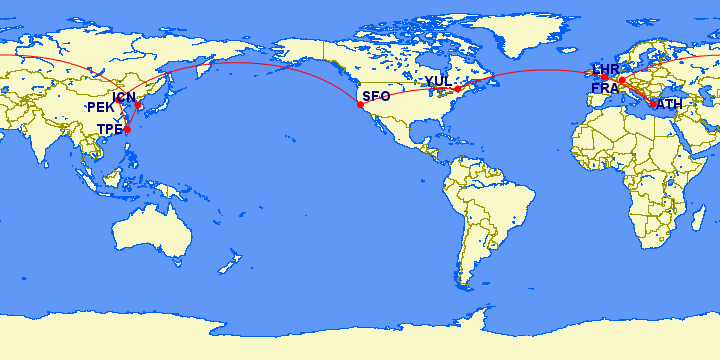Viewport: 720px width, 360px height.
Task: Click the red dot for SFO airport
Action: [x=360, y=104]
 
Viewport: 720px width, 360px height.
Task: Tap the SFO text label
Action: [x=376, y=96]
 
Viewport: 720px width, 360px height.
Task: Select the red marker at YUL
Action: [x=457, y=89]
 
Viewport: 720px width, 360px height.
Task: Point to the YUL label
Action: [x=438, y=81]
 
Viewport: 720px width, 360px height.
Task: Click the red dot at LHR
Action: [x=604, y=77]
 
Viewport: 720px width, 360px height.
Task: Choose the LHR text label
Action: [x=606, y=68]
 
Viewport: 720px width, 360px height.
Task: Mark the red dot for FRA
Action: [x=621, y=80]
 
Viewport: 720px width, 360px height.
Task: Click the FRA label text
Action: [x=605, y=89]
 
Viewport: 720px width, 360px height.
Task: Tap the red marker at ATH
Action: [x=653, y=104]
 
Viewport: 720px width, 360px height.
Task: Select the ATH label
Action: [x=670, y=104]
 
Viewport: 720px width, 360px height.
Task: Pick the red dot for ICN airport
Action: [x=138, y=105]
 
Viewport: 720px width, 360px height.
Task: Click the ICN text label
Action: [x=124, y=97]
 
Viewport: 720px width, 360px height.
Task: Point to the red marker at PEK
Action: [x=118, y=100]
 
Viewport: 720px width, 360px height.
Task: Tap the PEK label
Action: [x=101, y=107]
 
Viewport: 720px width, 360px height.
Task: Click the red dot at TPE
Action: [x=127, y=130]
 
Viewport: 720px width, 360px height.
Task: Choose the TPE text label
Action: [x=109, y=129]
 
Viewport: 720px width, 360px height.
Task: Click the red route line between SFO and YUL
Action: [x=410, y=93]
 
